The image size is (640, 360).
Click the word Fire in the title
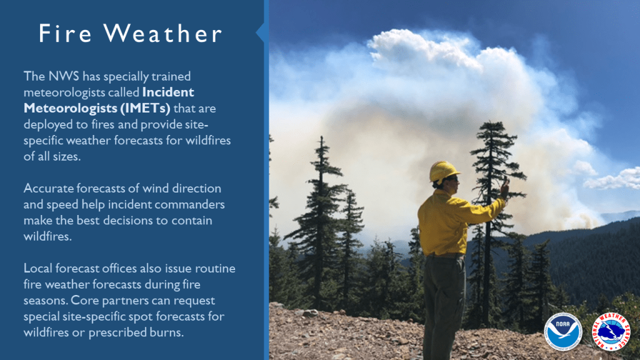pos(65,33)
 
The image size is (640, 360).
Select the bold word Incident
pos(168,92)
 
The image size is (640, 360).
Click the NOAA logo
pos(563,332)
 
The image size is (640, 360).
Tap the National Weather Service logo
pos(611,332)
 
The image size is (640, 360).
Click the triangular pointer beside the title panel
pos(260,33)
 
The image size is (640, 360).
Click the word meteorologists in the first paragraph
pos(64,92)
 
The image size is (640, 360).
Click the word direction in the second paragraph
pos(197,188)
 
